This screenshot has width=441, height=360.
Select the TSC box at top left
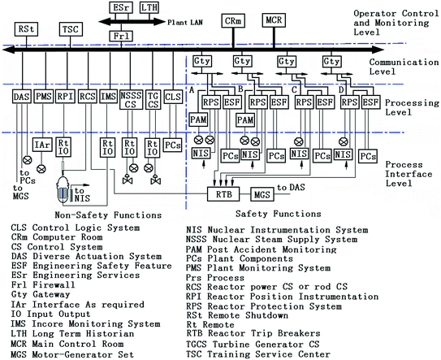(x=70, y=29)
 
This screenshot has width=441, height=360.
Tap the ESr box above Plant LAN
(x=119, y=8)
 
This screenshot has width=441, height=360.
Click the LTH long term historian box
(x=149, y=8)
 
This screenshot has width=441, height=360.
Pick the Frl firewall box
(x=121, y=36)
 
